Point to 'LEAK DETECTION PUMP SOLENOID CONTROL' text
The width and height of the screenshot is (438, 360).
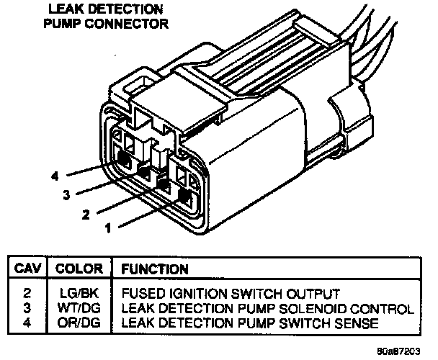[x=267, y=307]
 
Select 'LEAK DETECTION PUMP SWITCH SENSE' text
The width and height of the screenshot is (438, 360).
[x=249, y=322]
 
